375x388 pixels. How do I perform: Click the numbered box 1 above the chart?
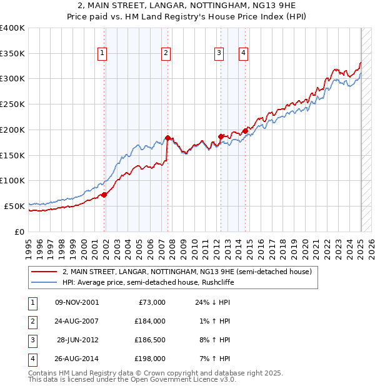[102, 54]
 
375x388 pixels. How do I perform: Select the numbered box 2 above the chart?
[166, 54]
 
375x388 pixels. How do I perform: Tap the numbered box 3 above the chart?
[219, 54]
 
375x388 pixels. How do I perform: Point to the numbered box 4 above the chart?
[242, 54]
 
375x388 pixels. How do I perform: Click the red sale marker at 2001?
[104, 195]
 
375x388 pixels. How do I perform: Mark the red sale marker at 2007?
[167, 138]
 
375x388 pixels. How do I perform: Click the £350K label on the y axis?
[12, 54]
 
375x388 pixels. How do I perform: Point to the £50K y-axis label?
[14, 206]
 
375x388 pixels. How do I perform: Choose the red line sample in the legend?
[44, 272]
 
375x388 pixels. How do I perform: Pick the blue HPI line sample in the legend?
[44, 282]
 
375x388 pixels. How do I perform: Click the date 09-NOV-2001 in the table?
[77, 302]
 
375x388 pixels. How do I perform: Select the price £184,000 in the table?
[150, 321]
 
